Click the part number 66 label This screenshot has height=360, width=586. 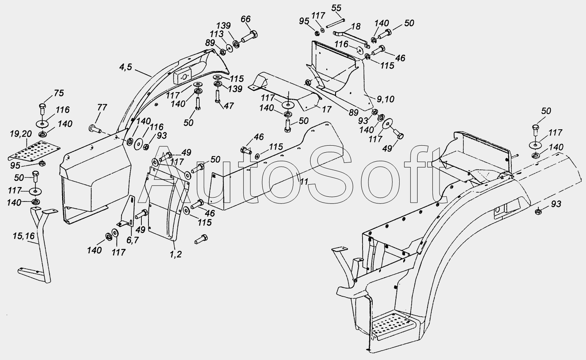pyautogui.click(x=245, y=19)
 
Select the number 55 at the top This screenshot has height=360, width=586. pyautogui.click(x=336, y=8)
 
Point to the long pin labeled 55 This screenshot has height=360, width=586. pyautogui.click(x=335, y=23)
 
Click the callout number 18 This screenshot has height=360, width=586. pyautogui.click(x=356, y=27)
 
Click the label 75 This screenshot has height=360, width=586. pyautogui.click(x=59, y=93)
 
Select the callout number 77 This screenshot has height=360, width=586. pyautogui.click(x=102, y=107)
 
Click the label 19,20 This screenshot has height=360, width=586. pyautogui.click(x=21, y=134)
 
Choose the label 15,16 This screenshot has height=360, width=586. pyautogui.click(x=23, y=236)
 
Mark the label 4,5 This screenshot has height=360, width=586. pyautogui.click(x=125, y=67)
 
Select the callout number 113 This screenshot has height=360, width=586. pyautogui.click(x=216, y=34)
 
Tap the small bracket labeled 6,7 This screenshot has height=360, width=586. pyautogui.click(x=127, y=212)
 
